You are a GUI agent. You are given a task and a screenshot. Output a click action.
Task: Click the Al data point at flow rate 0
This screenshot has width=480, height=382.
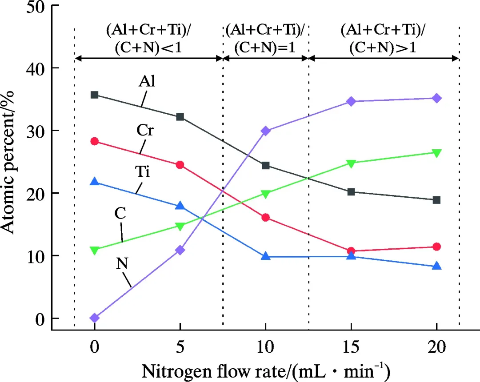coord(94,95)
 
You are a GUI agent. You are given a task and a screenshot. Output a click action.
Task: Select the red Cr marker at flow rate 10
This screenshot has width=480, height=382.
coord(266,217)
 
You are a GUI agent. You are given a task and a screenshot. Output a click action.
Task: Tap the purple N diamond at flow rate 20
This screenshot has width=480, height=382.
coord(436,98)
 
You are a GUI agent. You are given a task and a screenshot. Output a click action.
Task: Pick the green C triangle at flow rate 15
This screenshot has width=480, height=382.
coord(351,163)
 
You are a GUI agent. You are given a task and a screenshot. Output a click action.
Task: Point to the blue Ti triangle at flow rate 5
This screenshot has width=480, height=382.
coord(180,206)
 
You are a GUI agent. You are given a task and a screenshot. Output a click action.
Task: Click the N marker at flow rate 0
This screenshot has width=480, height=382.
coord(94,318)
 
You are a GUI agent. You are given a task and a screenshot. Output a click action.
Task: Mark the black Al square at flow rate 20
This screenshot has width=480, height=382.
coord(436,200)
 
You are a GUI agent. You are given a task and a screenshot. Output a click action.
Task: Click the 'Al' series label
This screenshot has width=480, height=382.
coord(148,82)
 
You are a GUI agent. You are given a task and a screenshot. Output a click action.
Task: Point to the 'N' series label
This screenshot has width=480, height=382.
coord(123,264)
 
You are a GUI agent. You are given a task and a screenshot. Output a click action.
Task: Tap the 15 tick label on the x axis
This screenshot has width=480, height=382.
coord(351,347)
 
